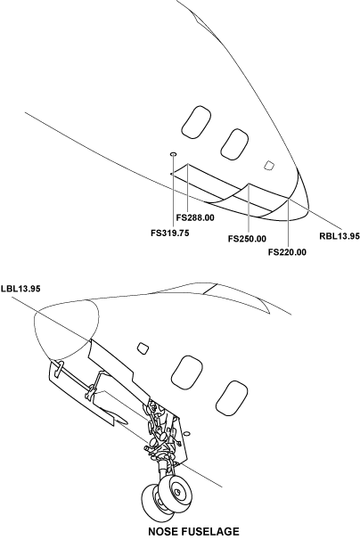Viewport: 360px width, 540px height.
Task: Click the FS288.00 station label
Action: point(195,218)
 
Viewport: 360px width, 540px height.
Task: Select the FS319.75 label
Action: point(170,233)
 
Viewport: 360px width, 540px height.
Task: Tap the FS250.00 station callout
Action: point(247,239)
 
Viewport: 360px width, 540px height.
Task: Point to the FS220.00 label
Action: point(287,252)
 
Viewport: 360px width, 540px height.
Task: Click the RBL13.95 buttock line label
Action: point(340,236)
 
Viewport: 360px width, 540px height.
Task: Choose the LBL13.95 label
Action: point(20,289)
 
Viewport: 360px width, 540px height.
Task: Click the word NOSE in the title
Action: point(162,531)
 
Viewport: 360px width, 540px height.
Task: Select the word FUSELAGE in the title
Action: point(209,531)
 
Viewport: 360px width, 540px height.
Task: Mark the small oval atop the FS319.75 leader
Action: point(173,154)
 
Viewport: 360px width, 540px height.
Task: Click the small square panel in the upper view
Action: point(269,166)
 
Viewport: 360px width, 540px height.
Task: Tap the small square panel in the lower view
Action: point(143,348)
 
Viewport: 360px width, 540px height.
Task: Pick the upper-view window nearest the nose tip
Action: point(234,144)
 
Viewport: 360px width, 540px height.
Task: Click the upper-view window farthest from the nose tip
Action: point(196,121)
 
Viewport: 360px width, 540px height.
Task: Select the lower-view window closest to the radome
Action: point(186,372)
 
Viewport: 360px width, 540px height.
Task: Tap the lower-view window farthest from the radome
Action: point(231,398)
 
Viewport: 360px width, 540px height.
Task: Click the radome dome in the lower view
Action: point(65,329)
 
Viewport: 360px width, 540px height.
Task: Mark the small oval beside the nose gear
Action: point(187,433)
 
